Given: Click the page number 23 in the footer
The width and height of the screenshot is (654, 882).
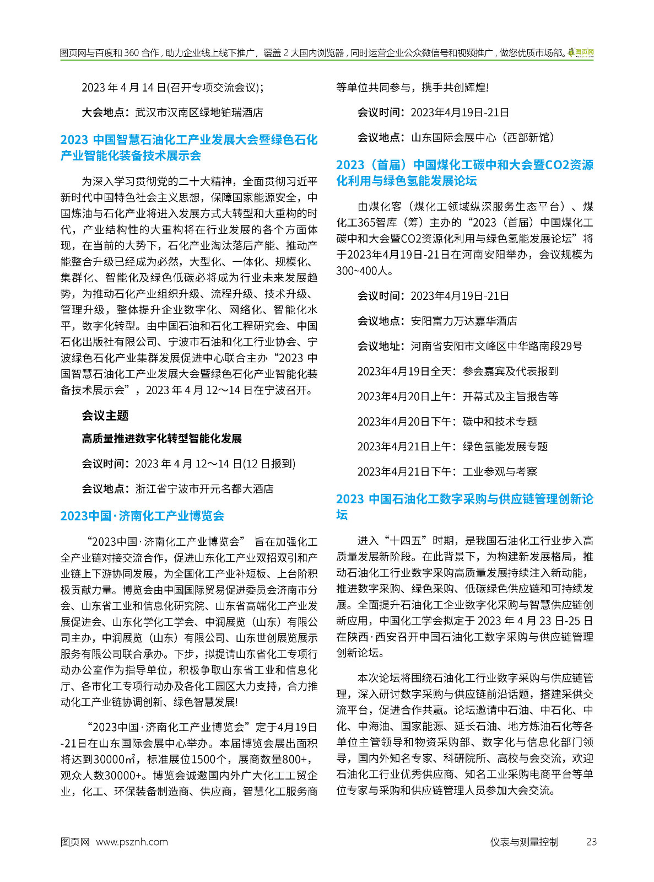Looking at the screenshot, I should point(591,842).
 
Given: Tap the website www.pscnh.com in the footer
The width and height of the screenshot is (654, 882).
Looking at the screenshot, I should point(132,842).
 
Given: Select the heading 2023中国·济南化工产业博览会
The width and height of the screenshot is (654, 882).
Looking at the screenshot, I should point(142,516).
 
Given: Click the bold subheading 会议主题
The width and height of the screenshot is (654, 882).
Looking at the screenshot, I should point(105,416).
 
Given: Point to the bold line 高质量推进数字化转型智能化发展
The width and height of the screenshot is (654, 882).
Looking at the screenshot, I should point(162,439).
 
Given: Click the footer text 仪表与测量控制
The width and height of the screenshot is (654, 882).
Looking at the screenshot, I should point(524,842).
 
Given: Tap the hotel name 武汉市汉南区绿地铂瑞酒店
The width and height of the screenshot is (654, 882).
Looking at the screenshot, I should point(199,112).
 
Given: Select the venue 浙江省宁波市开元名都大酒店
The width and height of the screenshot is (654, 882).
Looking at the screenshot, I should point(204,489).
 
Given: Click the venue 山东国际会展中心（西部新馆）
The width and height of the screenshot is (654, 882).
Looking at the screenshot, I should point(483,137).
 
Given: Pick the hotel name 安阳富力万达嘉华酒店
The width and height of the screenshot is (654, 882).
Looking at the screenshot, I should point(464,321).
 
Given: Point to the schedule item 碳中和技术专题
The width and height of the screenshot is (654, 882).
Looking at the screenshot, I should point(500,422).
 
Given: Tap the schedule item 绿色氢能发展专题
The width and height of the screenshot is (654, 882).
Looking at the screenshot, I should point(505,447).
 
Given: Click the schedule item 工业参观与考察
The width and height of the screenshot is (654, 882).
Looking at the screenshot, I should point(500,472).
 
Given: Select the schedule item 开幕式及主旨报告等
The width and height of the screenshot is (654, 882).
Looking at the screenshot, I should point(511,396).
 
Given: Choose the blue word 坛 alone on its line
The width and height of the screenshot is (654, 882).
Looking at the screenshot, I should point(342,515).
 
